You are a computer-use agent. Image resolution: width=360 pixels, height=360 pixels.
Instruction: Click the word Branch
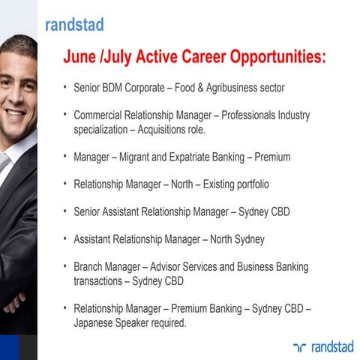click(x=89, y=266)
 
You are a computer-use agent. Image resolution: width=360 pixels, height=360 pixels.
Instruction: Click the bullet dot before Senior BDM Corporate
click(x=65, y=88)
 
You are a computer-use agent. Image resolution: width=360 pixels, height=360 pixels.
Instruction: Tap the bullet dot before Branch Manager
click(x=65, y=266)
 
